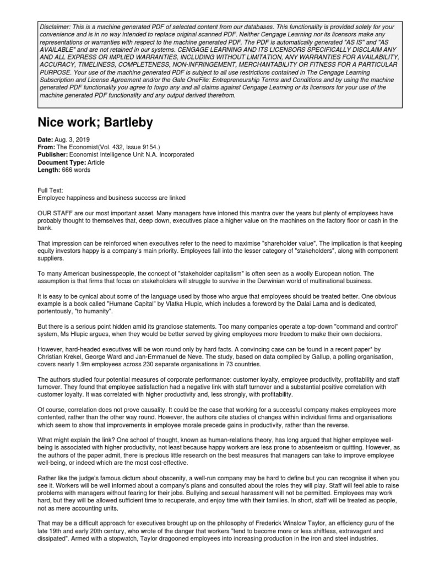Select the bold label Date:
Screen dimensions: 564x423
coord(46,140)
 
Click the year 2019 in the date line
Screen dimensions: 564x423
coord(82,140)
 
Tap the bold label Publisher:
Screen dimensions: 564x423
coord(53,155)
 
